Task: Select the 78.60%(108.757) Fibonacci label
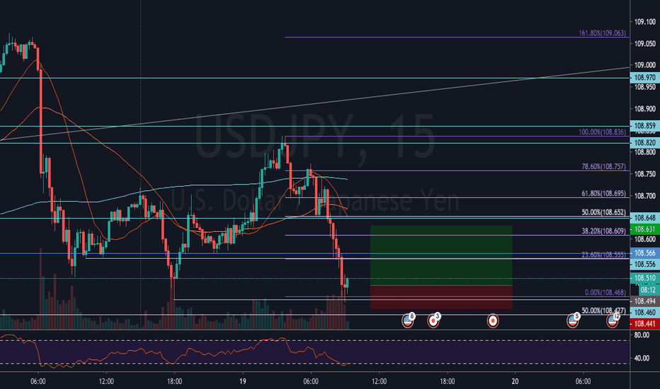pos(602,167)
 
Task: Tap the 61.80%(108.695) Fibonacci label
pos(602,193)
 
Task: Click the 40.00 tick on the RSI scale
pos(642,359)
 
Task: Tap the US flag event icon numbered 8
pos(408,320)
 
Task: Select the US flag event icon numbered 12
pos(613,320)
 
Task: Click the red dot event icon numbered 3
pos(433,320)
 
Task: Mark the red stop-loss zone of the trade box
pos(440,296)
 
